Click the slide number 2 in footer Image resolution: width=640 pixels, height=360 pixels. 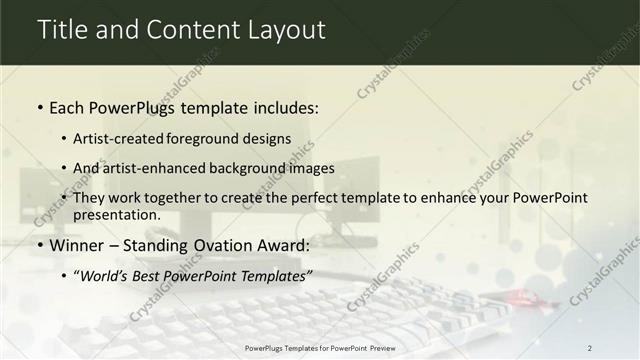[x=590, y=347]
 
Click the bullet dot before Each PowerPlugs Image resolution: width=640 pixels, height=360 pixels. [x=40, y=107]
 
